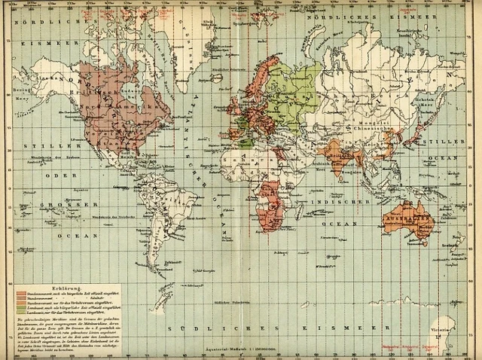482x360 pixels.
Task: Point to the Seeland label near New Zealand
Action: tap(449, 245)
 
